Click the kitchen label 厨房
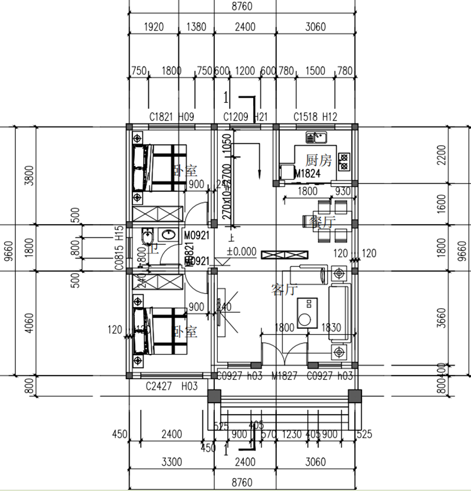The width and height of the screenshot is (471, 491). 319,160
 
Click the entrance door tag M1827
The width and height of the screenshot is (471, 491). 284,376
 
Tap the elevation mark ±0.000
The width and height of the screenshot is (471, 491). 241,252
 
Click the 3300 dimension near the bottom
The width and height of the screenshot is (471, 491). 171,462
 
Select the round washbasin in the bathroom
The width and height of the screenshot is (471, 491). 168,235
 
